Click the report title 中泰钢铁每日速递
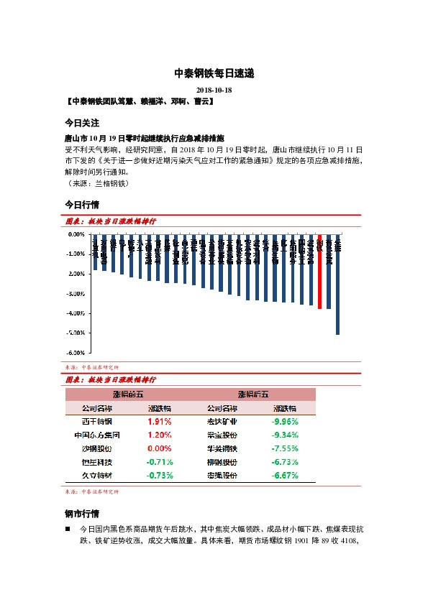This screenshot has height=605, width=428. [214, 73]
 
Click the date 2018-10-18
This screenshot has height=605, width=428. [214, 90]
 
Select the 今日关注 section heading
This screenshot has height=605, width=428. [81, 123]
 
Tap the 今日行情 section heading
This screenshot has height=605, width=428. [81, 205]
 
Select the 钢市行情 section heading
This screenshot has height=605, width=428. [81, 514]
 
